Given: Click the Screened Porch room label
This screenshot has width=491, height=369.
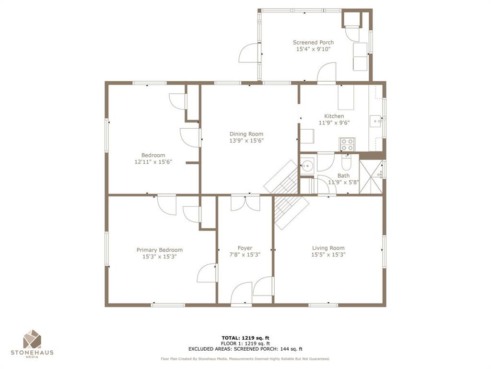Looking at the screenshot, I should [x=313, y=42].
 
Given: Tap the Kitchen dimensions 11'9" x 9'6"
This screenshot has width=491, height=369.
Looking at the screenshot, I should [x=334, y=123].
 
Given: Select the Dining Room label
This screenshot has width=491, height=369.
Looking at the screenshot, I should [x=246, y=134].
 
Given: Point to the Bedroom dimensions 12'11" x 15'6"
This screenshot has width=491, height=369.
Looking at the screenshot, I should [x=153, y=162].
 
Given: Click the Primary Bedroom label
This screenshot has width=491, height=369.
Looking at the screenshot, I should [x=159, y=250].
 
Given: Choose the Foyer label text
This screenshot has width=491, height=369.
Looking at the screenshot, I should [x=245, y=248].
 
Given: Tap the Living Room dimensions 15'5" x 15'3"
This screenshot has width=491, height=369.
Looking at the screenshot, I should [x=328, y=255].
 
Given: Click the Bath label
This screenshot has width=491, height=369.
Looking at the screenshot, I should [x=343, y=175].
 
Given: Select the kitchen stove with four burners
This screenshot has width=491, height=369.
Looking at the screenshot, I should [x=347, y=144].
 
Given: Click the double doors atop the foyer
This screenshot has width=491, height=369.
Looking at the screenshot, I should [x=245, y=203].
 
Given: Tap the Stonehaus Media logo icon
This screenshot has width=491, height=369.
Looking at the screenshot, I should [x=32, y=339].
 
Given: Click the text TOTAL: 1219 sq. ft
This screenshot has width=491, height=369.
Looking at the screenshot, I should [x=248, y=338].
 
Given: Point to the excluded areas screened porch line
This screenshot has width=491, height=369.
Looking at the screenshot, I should [x=245, y=349].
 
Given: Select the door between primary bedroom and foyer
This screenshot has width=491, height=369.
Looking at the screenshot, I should [x=207, y=272].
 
